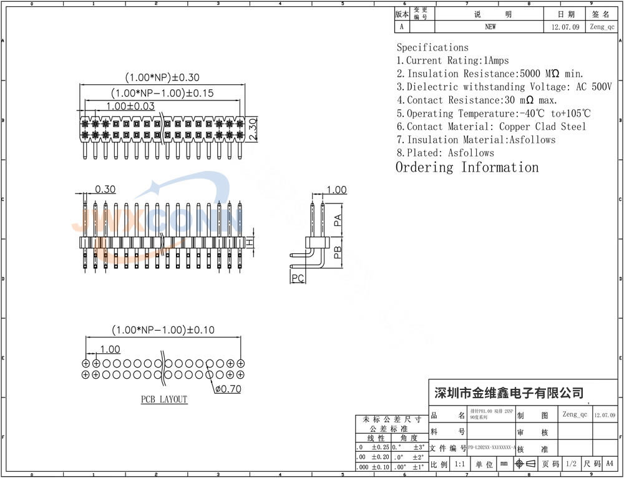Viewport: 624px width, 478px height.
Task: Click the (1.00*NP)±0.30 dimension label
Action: click(162, 78)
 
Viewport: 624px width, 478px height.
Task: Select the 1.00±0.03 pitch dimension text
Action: click(130, 106)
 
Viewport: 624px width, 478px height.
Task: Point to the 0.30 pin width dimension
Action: click(105, 189)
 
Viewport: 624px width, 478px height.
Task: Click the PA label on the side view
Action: click(337, 220)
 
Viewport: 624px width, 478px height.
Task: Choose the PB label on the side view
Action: click(337, 252)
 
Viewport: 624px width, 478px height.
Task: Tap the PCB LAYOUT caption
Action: click(164, 399)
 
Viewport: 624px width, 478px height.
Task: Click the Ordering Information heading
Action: click(467, 167)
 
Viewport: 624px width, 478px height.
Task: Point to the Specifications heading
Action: click(432, 47)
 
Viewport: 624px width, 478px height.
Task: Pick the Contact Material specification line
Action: click(492, 127)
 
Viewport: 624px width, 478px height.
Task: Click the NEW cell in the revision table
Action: click(490, 27)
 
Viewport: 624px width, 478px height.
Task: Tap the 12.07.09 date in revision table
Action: click(565, 27)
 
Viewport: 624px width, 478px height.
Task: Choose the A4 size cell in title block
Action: click(610, 464)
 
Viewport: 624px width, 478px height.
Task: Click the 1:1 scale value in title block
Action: click(460, 464)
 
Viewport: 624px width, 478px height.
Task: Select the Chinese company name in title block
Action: click(509, 393)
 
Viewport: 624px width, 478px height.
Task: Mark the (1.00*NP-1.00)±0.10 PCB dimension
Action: click(162, 329)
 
